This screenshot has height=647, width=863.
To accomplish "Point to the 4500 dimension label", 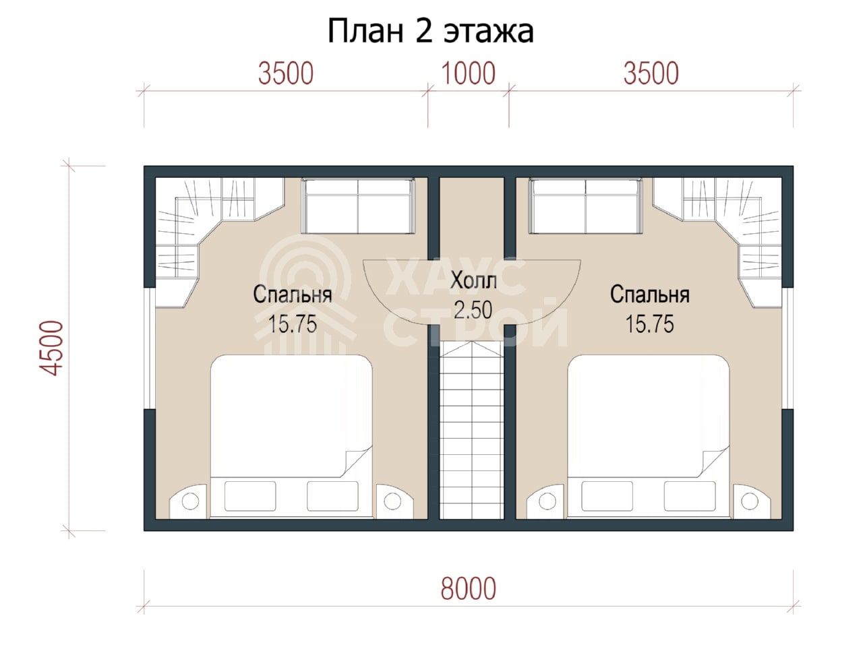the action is click(x=51, y=348).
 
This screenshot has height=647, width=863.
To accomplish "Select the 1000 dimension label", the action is click(x=468, y=73).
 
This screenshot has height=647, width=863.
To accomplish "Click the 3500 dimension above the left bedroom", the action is click(x=286, y=73).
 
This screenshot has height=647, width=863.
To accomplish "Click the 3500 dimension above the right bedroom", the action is click(x=651, y=73).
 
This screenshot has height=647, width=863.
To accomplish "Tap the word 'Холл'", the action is click(x=473, y=281).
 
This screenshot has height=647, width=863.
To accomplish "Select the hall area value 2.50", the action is click(x=473, y=310).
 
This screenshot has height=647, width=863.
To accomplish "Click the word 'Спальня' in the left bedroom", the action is click(x=293, y=295).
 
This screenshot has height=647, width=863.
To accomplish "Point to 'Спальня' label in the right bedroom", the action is click(x=649, y=295).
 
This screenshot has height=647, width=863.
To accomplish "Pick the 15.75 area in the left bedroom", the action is click(x=292, y=324).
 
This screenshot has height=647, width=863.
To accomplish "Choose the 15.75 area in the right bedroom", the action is click(x=649, y=324).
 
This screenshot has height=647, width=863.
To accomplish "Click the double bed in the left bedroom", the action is click(x=291, y=437).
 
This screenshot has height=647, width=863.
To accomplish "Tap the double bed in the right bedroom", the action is click(x=649, y=437).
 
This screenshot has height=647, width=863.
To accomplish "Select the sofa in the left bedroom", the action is click(x=358, y=207).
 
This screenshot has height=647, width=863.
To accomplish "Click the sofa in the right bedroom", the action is click(x=585, y=207).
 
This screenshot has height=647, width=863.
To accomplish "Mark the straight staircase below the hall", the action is click(x=471, y=430).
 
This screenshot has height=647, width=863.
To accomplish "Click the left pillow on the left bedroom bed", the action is click(x=250, y=496).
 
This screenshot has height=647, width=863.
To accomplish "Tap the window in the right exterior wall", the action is click(x=787, y=348).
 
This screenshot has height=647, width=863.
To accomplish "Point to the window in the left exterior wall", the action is click(x=150, y=348).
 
